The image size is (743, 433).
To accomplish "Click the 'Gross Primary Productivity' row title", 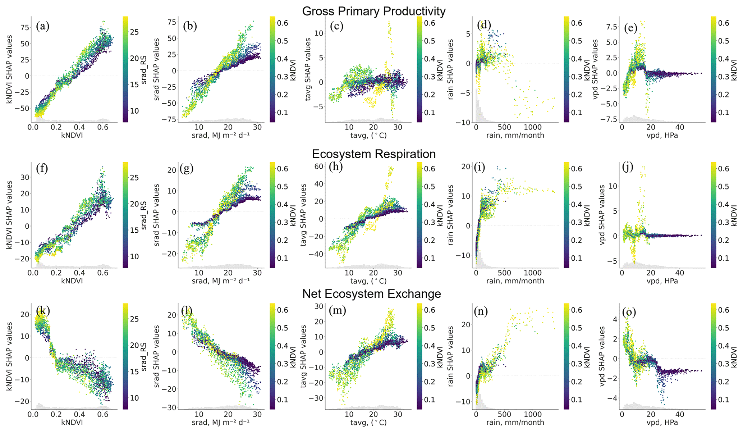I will [373, 11].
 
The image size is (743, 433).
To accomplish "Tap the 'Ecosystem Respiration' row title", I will [373, 154].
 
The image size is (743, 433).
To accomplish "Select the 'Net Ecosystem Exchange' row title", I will [371, 294].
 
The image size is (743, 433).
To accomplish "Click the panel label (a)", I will [42, 26].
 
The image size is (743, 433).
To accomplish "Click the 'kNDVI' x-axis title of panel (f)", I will [71, 281].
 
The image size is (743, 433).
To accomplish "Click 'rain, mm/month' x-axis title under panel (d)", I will [515, 136].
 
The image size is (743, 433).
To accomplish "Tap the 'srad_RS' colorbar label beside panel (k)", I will [144, 356].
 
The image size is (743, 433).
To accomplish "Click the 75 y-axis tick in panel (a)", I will [24, 28].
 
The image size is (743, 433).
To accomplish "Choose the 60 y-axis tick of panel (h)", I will [318, 166].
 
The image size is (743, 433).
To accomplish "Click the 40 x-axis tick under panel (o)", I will [679, 414].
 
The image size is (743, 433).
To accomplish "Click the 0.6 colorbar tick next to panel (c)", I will [430, 23].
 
